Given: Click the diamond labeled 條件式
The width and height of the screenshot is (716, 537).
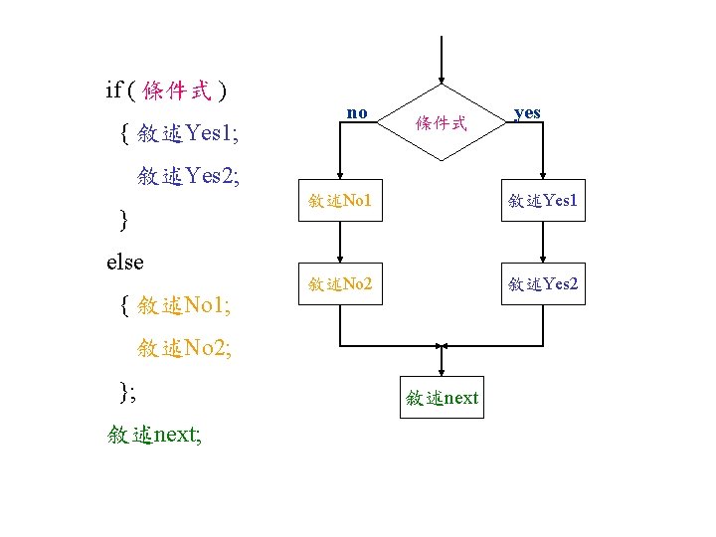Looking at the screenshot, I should coord(442,123).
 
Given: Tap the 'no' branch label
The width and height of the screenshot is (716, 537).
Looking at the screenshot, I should coord(357,112).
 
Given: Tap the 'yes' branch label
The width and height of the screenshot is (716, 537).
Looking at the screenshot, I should coord(527,112).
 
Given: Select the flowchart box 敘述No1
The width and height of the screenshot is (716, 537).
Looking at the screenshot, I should coord(340,201).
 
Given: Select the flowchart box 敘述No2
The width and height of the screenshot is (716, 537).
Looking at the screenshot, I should coord(340,284).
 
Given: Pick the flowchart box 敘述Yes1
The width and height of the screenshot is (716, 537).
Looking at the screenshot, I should coord(542,201).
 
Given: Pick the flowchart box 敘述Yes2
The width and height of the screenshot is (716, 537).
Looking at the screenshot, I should coord(542,284).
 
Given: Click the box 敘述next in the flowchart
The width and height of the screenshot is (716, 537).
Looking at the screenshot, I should coord(443,398).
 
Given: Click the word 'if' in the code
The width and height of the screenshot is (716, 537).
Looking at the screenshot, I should coord(113,90).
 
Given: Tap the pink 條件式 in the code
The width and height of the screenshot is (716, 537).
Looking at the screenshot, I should coord(176,91).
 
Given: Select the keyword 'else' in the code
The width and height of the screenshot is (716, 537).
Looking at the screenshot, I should coord(124,262).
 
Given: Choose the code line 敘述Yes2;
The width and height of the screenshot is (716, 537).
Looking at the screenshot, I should coord(188,176).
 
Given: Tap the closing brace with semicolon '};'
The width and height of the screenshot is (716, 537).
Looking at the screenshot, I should coord(127,391).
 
